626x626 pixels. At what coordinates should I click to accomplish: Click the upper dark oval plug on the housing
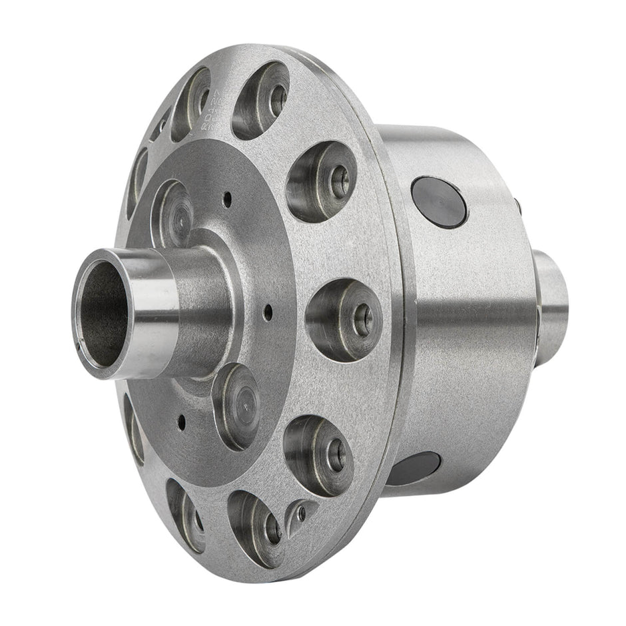point(439,202)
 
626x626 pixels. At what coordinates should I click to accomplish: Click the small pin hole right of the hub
point(268,309)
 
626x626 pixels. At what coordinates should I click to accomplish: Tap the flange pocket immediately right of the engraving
point(260,100)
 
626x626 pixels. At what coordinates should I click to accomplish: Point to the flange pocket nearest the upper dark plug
point(321,180)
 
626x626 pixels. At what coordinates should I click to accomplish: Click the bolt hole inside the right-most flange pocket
point(363,320)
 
